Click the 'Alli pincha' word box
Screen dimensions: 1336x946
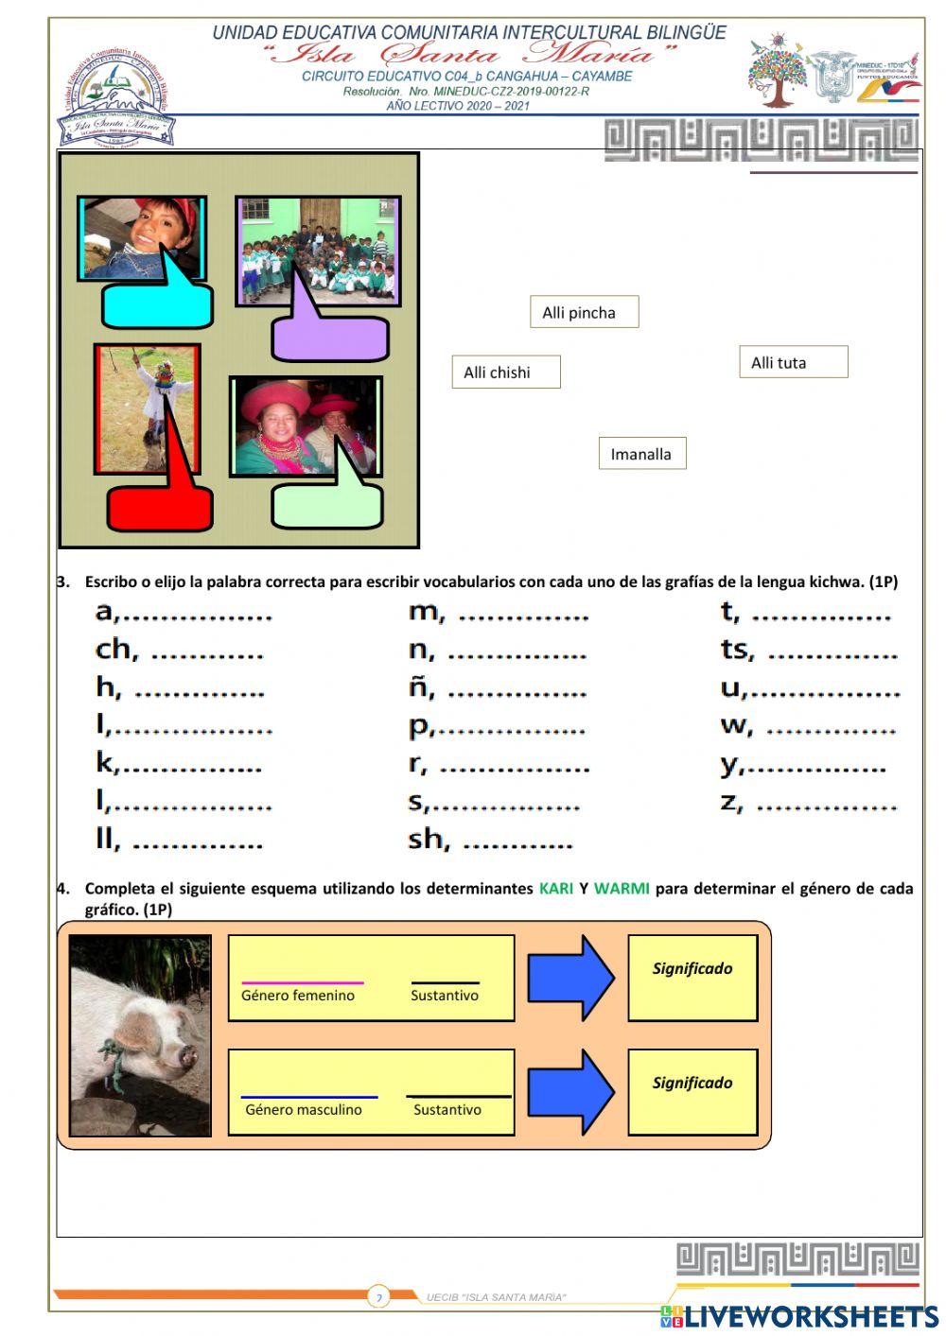pos(584,313)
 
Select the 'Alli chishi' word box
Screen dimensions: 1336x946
pos(505,373)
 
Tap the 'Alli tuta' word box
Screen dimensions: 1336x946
pos(793,363)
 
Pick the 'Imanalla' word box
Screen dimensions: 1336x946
pos(641,454)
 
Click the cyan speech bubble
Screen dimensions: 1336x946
pos(157,304)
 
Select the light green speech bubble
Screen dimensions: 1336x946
pos(327,507)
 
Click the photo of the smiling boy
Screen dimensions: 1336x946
pos(142,238)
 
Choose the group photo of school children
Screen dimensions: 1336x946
pos(318,250)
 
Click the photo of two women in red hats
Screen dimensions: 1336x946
pos(306,426)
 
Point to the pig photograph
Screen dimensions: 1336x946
pos(140,1035)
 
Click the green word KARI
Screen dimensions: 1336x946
pos(556,889)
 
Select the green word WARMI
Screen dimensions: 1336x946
pos(622,889)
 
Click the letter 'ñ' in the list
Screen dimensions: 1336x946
pos(420,687)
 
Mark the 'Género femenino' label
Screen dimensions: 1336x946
pos(298,996)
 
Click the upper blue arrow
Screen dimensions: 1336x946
pos(569,978)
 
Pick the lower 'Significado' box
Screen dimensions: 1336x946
pos(692,1092)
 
